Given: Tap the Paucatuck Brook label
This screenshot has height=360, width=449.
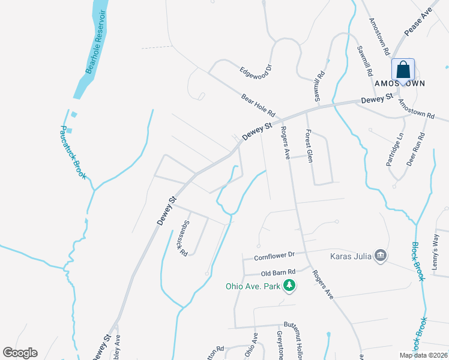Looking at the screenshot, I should pos(73,153).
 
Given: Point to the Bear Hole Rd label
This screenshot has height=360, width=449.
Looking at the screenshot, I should pos(258,104).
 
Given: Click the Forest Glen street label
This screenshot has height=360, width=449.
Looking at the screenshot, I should pos(309,146).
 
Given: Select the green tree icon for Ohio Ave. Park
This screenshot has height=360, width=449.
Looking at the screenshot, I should pos(290,286).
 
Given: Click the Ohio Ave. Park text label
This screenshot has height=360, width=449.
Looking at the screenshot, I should pos(253,286).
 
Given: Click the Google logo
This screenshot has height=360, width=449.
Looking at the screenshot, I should pos(20,353).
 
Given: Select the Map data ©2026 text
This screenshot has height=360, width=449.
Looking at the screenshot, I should pos(423,355).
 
